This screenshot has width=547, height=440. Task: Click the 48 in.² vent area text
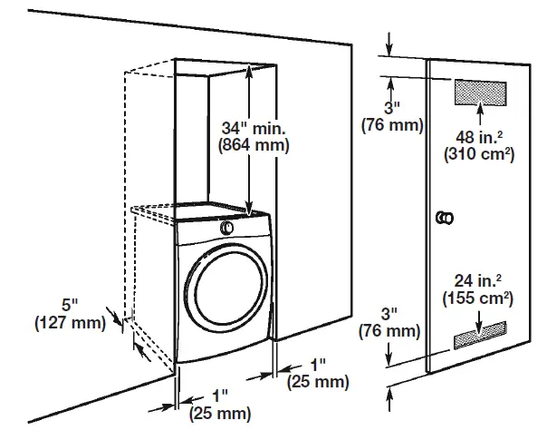click(478, 138)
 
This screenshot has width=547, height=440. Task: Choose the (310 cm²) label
click(478, 154)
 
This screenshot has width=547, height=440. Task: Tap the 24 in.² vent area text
click(475, 279)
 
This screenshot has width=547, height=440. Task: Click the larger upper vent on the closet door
click(479, 93)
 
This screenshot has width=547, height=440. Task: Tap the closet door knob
click(446, 218)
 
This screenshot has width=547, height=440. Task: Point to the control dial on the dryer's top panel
click(227, 225)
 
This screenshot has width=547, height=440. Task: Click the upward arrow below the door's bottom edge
click(390, 395)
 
